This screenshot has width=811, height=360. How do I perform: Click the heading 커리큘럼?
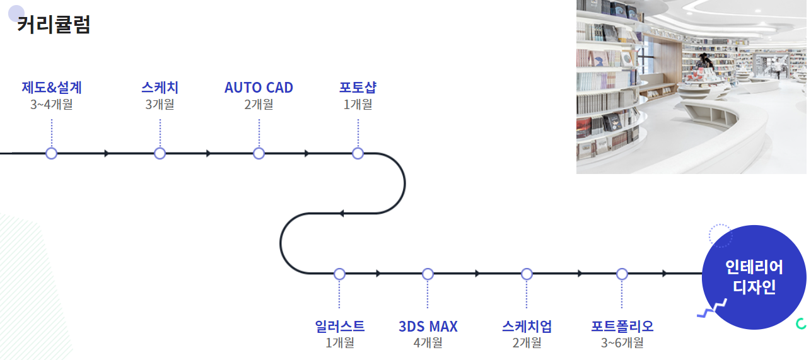[x=54, y=25]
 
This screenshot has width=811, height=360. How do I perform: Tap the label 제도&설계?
[x=52, y=88]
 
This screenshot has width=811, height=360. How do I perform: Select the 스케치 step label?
[x=160, y=88]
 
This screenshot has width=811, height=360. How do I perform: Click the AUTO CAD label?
[x=259, y=88]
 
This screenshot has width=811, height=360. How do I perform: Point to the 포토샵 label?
[x=358, y=88]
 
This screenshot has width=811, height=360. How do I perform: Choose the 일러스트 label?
[x=339, y=327]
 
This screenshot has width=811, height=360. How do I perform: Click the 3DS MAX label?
[x=428, y=327]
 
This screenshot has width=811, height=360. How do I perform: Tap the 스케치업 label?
[x=527, y=327]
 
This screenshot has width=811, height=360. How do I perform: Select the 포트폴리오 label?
[x=622, y=327]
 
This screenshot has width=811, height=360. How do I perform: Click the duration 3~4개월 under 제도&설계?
[x=52, y=104]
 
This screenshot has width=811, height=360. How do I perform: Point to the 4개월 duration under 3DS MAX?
[x=428, y=343]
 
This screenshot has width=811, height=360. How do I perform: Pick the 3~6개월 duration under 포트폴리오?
[x=622, y=343]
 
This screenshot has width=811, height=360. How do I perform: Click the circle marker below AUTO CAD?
[x=259, y=153]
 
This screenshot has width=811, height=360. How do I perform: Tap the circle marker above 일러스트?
[x=339, y=274]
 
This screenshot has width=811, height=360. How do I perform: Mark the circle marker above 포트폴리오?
[x=622, y=274]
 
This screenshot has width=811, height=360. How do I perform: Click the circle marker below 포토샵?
[x=358, y=153]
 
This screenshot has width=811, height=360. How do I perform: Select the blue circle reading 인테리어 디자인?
[x=754, y=277]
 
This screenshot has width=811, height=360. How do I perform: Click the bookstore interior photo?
[x=691, y=86]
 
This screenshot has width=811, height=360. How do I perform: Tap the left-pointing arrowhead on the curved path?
[x=342, y=214]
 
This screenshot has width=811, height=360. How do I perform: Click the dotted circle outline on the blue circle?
[x=720, y=236]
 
